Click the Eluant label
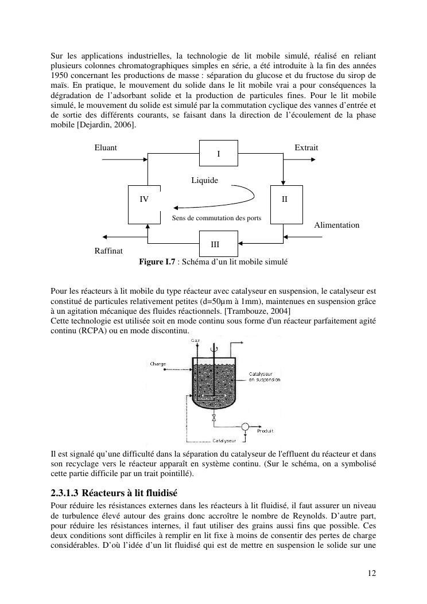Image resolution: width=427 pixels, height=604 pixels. pyautogui.click(x=106, y=147)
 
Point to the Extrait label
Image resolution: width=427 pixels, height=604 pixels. pyautogui.click(x=306, y=147)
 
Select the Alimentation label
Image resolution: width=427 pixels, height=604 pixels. pyautogui.click(x=336, y=225)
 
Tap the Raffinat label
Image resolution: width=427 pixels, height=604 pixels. pyautogui.click(x=108, y=251)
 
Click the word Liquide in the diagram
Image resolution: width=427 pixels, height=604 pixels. pyautogui.click(x=205, y=180)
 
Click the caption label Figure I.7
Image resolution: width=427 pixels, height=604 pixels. pyautogui.click(x=157, y=262)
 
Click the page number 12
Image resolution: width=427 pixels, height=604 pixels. pyautogui.click(x=372, y=572)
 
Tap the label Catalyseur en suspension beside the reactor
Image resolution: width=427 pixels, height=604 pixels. pyautogui.click(x=264, y=376)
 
